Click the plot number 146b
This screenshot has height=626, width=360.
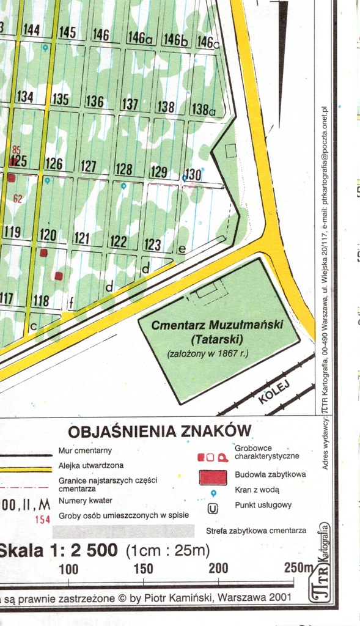pyautogui.click(x=175, y=40)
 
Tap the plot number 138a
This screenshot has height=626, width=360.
pyautogui.click(x=204, y=109)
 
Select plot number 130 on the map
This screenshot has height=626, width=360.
pyautogui.click(x=193, y=174)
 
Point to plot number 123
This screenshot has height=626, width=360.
pyautogui.click(x=153, y=245)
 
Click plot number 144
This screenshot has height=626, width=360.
pyautogui.click(x=31, y=30)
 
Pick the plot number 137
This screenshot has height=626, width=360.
pyautogui.click(x=130, y=104)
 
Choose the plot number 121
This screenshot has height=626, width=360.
pyautogui.click(x=82, y=238)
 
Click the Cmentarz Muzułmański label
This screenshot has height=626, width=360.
pyautogui.click(x=217, y=325)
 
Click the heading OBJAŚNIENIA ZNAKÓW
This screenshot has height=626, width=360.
pyautogui.click(x=160, y=430)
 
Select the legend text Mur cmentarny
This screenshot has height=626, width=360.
pyautogui.click(x=85, y=451)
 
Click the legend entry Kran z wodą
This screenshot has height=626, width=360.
pyautogui.click(x=257, y=490)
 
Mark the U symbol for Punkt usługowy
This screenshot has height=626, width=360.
pyautogui.click(x=213, y=507)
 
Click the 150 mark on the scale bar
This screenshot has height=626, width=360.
pyautogui.click(x=143, y=569)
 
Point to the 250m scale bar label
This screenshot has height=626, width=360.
pyautogui.click(x=298, y=567)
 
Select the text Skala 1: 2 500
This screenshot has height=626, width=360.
pyautogui.click(x=58, y=550)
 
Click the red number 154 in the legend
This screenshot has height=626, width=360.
pyautogui.click(x=42, y=520)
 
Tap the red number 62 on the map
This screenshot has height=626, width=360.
pyautogui.click(x=17, y=199)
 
